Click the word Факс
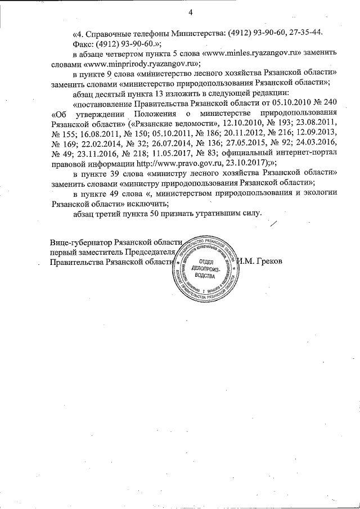(x=83, y=42)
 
